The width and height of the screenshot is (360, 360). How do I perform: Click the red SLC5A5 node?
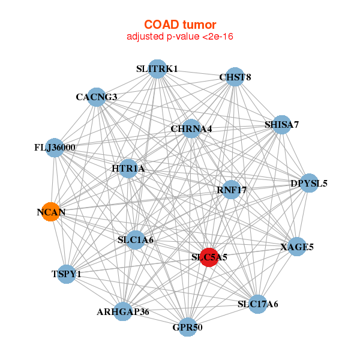[209, 257]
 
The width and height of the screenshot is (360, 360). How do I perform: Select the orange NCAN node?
[51, 212]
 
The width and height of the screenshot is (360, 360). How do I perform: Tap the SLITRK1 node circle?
[157, 68]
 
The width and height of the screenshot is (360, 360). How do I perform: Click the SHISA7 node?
[282, 124]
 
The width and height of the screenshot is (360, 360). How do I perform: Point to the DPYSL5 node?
[308, 183]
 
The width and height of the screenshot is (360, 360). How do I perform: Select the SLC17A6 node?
[258, 304]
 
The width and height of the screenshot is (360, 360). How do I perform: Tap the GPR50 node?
[188, 327]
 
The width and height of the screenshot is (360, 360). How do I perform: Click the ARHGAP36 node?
[122, 311]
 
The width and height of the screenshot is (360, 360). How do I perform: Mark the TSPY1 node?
[67, 274]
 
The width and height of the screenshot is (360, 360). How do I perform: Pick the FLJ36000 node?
[55, 148]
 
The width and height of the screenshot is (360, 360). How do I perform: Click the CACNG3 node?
[97, 97]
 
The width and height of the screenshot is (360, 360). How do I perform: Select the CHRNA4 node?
[191, 128]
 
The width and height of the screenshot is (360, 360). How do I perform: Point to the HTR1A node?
[128, 169]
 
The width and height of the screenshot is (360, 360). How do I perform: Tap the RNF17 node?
[231, 190]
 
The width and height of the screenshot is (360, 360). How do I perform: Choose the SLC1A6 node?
[136, 240]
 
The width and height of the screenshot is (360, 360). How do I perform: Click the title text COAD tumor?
[180, 25]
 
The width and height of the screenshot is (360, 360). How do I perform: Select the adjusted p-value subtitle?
[180, 37]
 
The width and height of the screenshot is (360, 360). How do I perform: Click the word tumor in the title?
[197, 25]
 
